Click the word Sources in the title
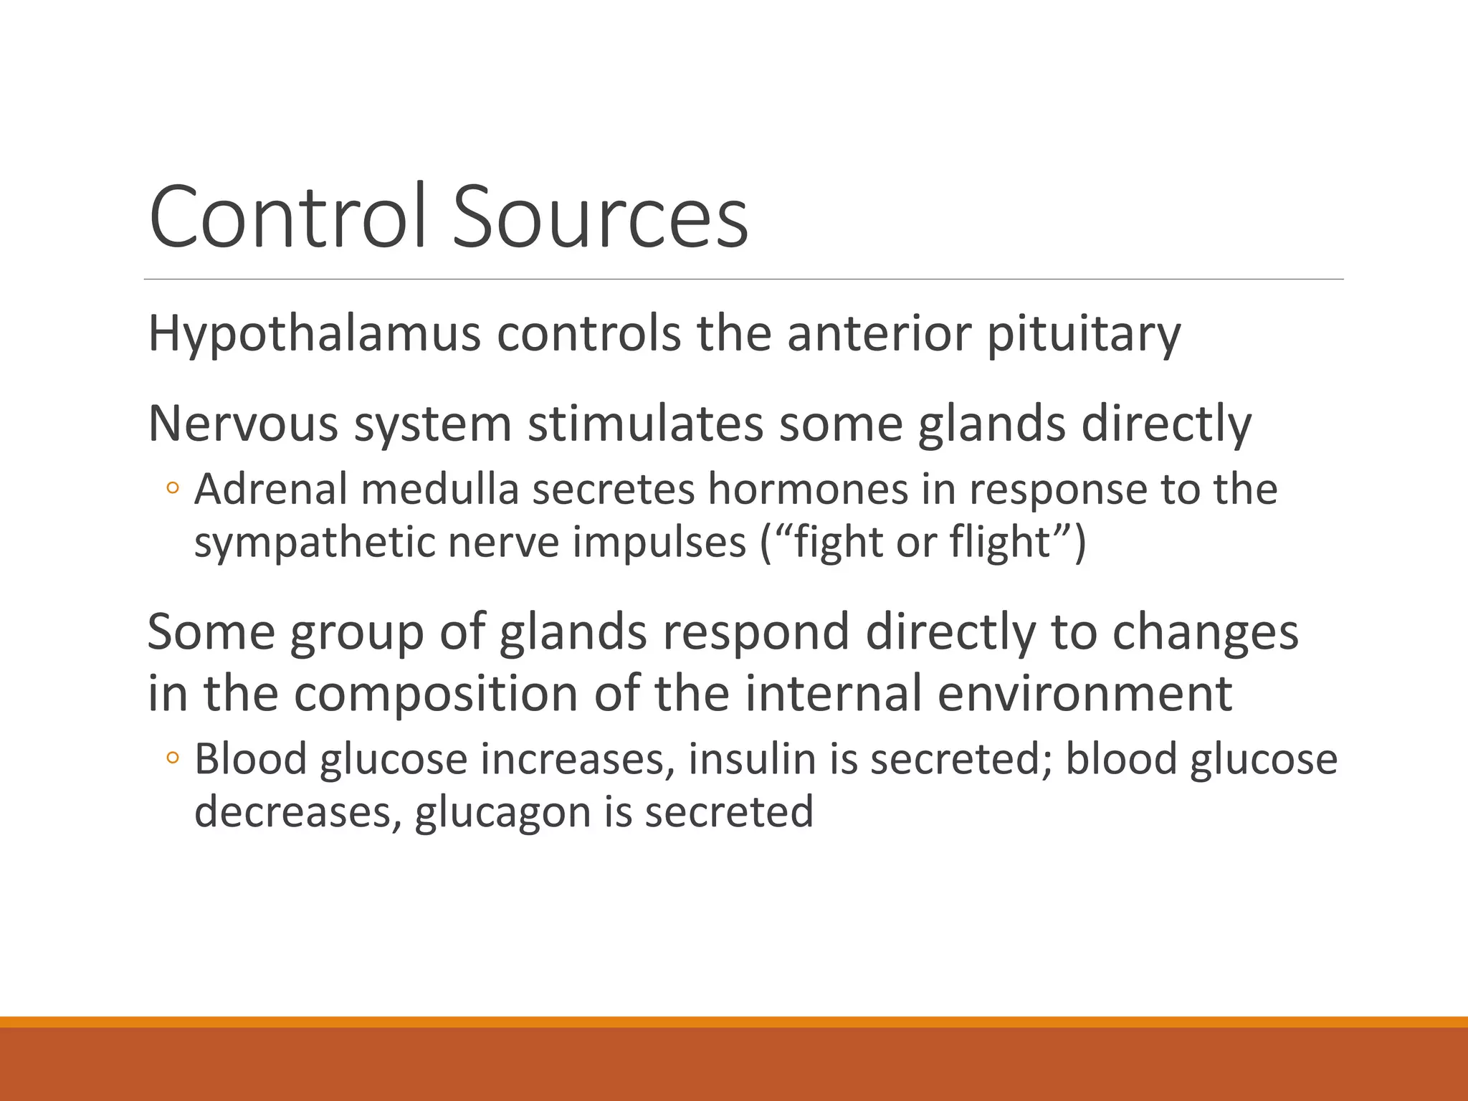pos(600,216)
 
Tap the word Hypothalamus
pos(314,334)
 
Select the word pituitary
pos(1083,334)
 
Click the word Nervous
pos(242,424)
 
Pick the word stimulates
pos(645,424)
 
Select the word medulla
pos(439,490)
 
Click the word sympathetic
pos(314,543)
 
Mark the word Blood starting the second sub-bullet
pos(251,759)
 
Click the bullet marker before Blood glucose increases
pos(172,758)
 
